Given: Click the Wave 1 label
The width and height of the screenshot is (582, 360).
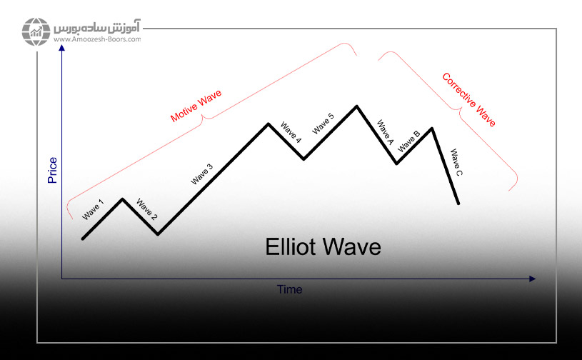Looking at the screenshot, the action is click(93, 210).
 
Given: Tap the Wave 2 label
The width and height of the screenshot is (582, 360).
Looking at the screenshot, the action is click(146, 209).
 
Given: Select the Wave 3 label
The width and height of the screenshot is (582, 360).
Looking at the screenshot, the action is click(202, 174).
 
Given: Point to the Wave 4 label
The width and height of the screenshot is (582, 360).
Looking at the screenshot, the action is click(291, 132).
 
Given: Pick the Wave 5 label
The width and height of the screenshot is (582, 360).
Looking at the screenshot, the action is click(323, 124).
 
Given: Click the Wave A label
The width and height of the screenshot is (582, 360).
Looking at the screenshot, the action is click(385, 132).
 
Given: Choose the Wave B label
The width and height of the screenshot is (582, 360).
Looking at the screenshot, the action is click(408, 141).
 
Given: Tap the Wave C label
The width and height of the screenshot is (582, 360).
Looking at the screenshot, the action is click(456, 162).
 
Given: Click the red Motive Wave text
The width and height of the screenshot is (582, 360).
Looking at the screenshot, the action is click(196, 106).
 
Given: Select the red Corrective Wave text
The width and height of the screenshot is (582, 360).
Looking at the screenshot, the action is click(468, 100).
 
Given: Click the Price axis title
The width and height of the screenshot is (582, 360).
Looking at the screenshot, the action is click(52, 170).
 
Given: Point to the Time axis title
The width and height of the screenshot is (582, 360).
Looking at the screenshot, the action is click(289, 289).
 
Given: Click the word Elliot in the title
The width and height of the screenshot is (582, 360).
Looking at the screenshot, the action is click(289, 247).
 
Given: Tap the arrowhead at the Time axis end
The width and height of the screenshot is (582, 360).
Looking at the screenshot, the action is click(532, 279).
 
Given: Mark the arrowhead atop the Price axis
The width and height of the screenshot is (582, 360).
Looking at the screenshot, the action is click(62, 48).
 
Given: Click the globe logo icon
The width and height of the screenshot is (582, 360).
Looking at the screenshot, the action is click(36, 31).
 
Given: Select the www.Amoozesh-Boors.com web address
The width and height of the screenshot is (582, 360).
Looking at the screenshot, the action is click(97, 39).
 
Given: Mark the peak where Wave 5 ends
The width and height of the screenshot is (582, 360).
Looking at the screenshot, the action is click(356, 106).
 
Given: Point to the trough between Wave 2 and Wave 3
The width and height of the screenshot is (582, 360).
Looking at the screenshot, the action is click(158, 234).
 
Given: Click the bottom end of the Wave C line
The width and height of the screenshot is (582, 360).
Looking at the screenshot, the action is click(458, 204).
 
